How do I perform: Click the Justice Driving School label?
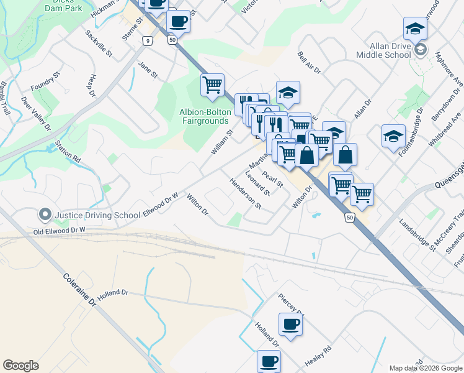coord(97,216)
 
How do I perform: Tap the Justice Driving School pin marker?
coord(45,215)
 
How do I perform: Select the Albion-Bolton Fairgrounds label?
coord(202,116)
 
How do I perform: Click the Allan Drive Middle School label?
coord(383,50)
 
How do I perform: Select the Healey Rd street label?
coord(318,357)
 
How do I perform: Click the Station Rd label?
coord(68,152)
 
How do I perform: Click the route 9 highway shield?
coord(147,41)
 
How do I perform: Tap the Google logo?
coord(20,366)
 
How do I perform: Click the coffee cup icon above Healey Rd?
coord(290,324)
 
